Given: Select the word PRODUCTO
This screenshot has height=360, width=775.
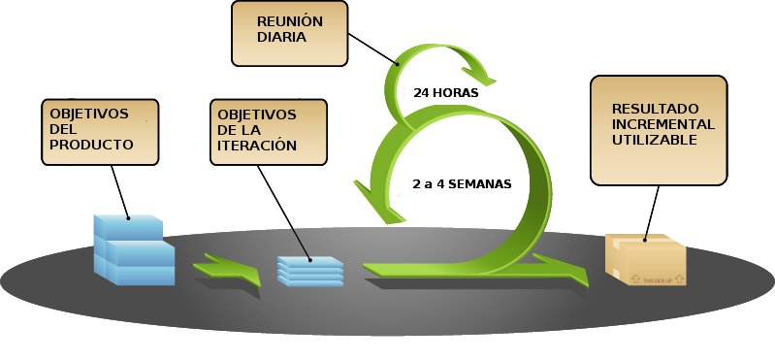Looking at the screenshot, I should tap(91, 145).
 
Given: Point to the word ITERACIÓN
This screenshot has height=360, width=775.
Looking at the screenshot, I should tap(257, 147).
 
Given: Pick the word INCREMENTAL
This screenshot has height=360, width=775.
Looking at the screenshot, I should tap(663, 124).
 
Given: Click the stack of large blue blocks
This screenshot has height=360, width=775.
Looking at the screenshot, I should tap(133, 250).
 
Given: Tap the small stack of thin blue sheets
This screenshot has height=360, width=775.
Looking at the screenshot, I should tap(310, 271).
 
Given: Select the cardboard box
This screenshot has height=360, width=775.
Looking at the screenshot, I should tap(646, 260).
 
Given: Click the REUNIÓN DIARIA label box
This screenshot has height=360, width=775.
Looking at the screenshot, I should tap(289, 33).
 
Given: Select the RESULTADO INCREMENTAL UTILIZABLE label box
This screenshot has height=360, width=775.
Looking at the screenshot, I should tap(659, 130).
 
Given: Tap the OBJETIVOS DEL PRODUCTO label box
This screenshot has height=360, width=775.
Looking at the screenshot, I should tap(100, 131).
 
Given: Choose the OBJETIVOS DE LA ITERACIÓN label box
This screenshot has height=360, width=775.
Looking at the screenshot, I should tap(268, 132).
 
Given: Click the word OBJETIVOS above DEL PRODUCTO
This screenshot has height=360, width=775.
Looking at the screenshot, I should tap(89, 114).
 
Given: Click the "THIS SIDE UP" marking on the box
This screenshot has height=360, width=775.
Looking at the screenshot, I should tap(657, 278).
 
